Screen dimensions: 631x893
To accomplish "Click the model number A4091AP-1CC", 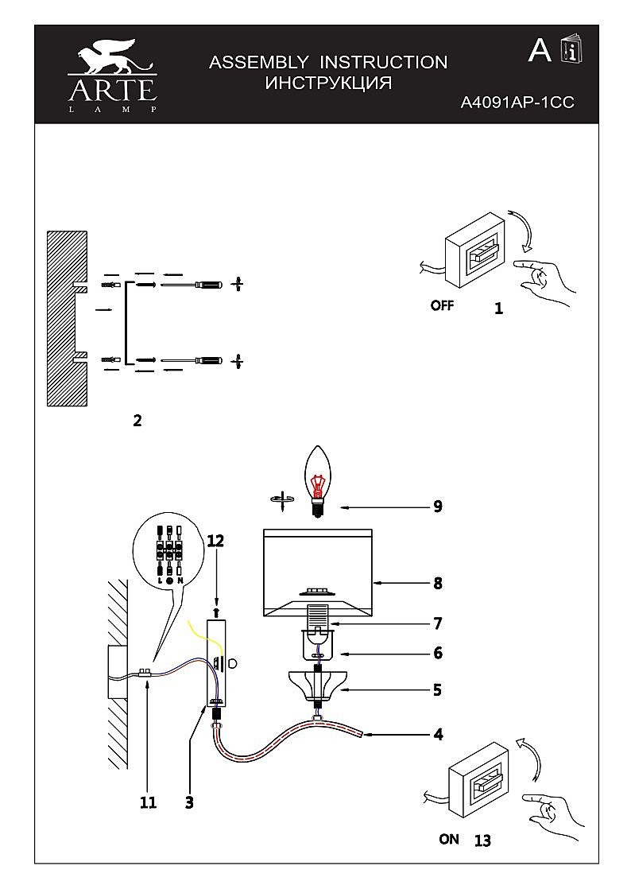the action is tap(517, 103).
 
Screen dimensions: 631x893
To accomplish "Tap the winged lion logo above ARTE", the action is tap(111, 57).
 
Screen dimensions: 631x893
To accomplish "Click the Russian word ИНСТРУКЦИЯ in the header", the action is tap(328, 83).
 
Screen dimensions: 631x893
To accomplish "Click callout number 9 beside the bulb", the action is tap(437, 507).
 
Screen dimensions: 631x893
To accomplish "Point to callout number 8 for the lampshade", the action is tap(437, 583).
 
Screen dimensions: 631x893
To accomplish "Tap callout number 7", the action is tap(437, 623).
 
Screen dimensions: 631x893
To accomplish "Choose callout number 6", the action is tap(437, 653).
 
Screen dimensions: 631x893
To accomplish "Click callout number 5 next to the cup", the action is tap(437, 689).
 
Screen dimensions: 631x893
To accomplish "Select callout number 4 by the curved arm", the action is tap(438, 734).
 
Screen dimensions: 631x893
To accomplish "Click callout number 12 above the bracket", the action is tap(215, 540).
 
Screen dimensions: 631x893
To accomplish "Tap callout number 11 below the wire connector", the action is tap(148, 802).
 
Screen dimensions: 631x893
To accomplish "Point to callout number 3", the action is tap(189, 802).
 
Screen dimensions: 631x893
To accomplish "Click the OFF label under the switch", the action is tap(442, 306).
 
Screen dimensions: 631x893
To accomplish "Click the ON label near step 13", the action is tap(449, 839).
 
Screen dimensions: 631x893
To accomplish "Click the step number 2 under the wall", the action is tap(137, 421).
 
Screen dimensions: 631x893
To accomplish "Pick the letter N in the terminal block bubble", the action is tap(180, 580).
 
